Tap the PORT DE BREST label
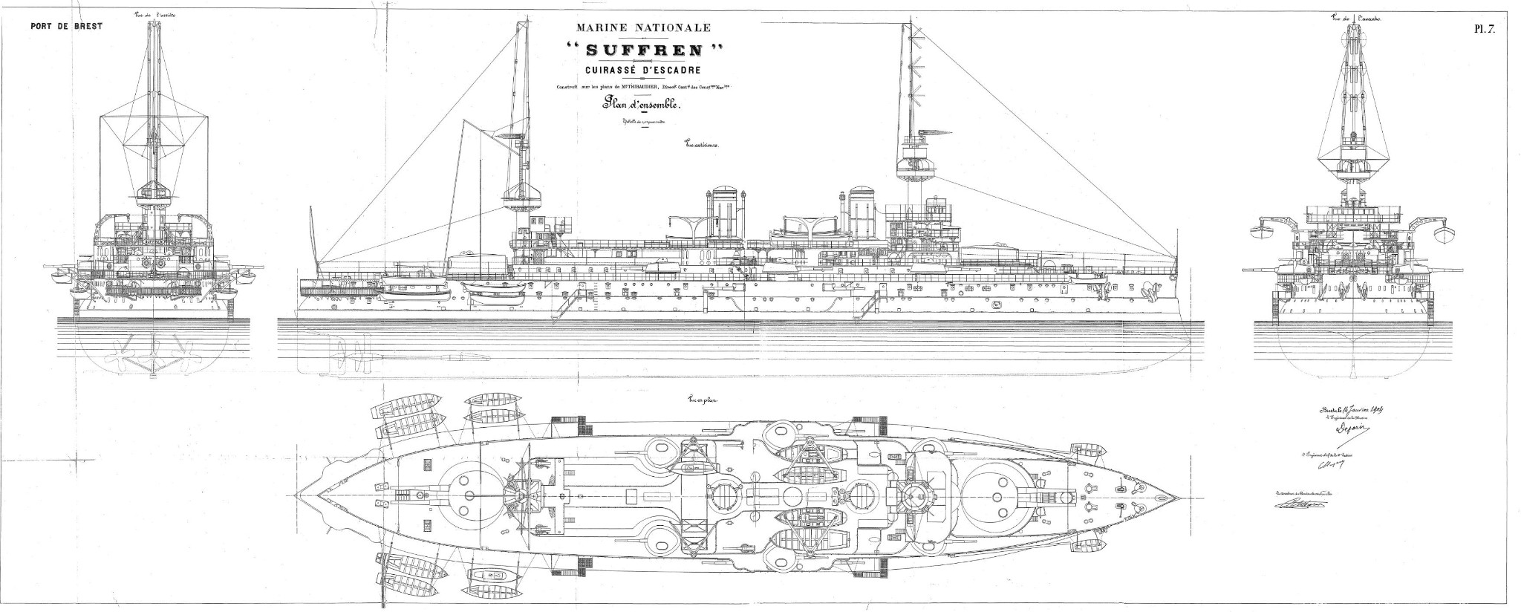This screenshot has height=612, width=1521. (x=65, y=26)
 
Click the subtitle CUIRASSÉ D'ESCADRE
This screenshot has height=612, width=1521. (x=644, y=71)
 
